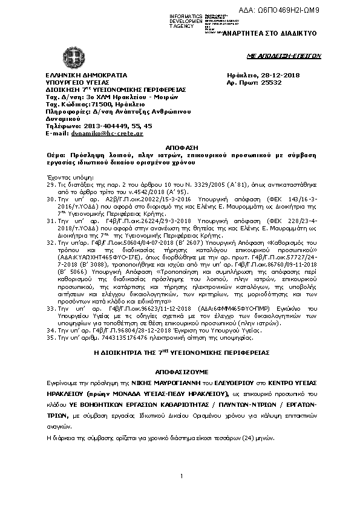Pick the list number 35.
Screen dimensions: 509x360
coord(51,337)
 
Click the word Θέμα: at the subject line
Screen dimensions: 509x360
coord(56,155)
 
